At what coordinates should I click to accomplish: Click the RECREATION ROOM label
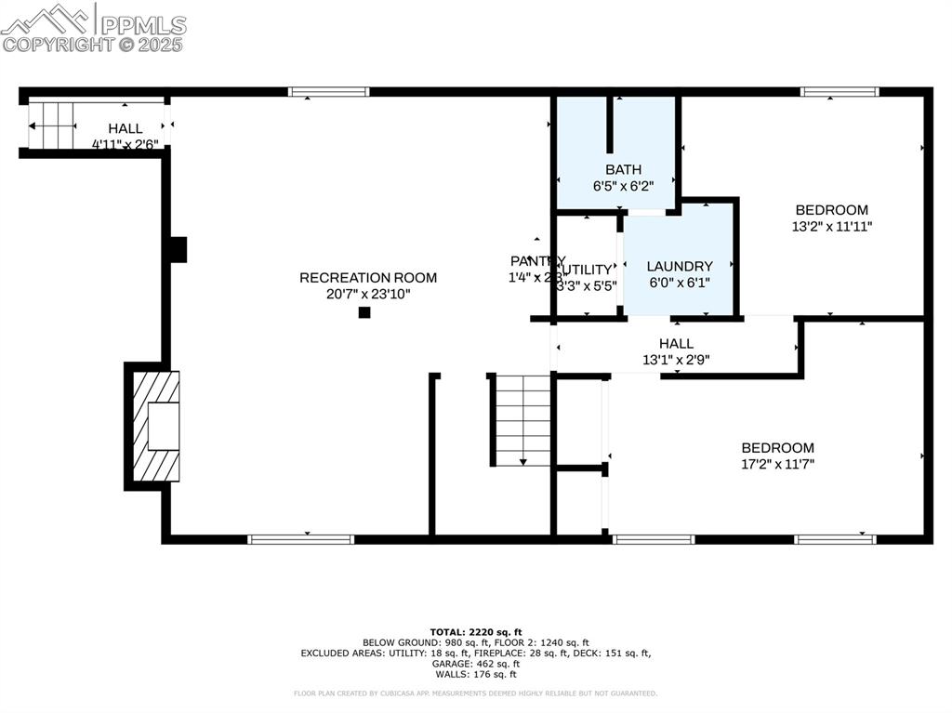[367, 277]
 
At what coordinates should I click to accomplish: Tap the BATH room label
[623, 169]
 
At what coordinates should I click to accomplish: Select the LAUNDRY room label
[679, 266]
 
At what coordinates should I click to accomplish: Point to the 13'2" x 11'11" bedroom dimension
[831, 226]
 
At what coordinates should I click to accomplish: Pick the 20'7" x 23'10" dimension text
[367, 294]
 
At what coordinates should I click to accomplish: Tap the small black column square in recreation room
[364, 312]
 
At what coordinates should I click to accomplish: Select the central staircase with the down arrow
[522, 419]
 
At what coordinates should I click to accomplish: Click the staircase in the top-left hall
[52, 125]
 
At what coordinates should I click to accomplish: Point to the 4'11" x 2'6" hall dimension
[125, 144]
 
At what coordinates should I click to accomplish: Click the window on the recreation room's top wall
[328, 92]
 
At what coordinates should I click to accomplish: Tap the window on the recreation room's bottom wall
[300, 538]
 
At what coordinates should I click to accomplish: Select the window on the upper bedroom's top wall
[840, 92]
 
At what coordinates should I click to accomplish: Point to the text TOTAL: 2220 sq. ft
[475, 631]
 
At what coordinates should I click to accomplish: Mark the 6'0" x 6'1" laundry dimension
[679, 283]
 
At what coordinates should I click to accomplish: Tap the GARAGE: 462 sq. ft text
[475, 665]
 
